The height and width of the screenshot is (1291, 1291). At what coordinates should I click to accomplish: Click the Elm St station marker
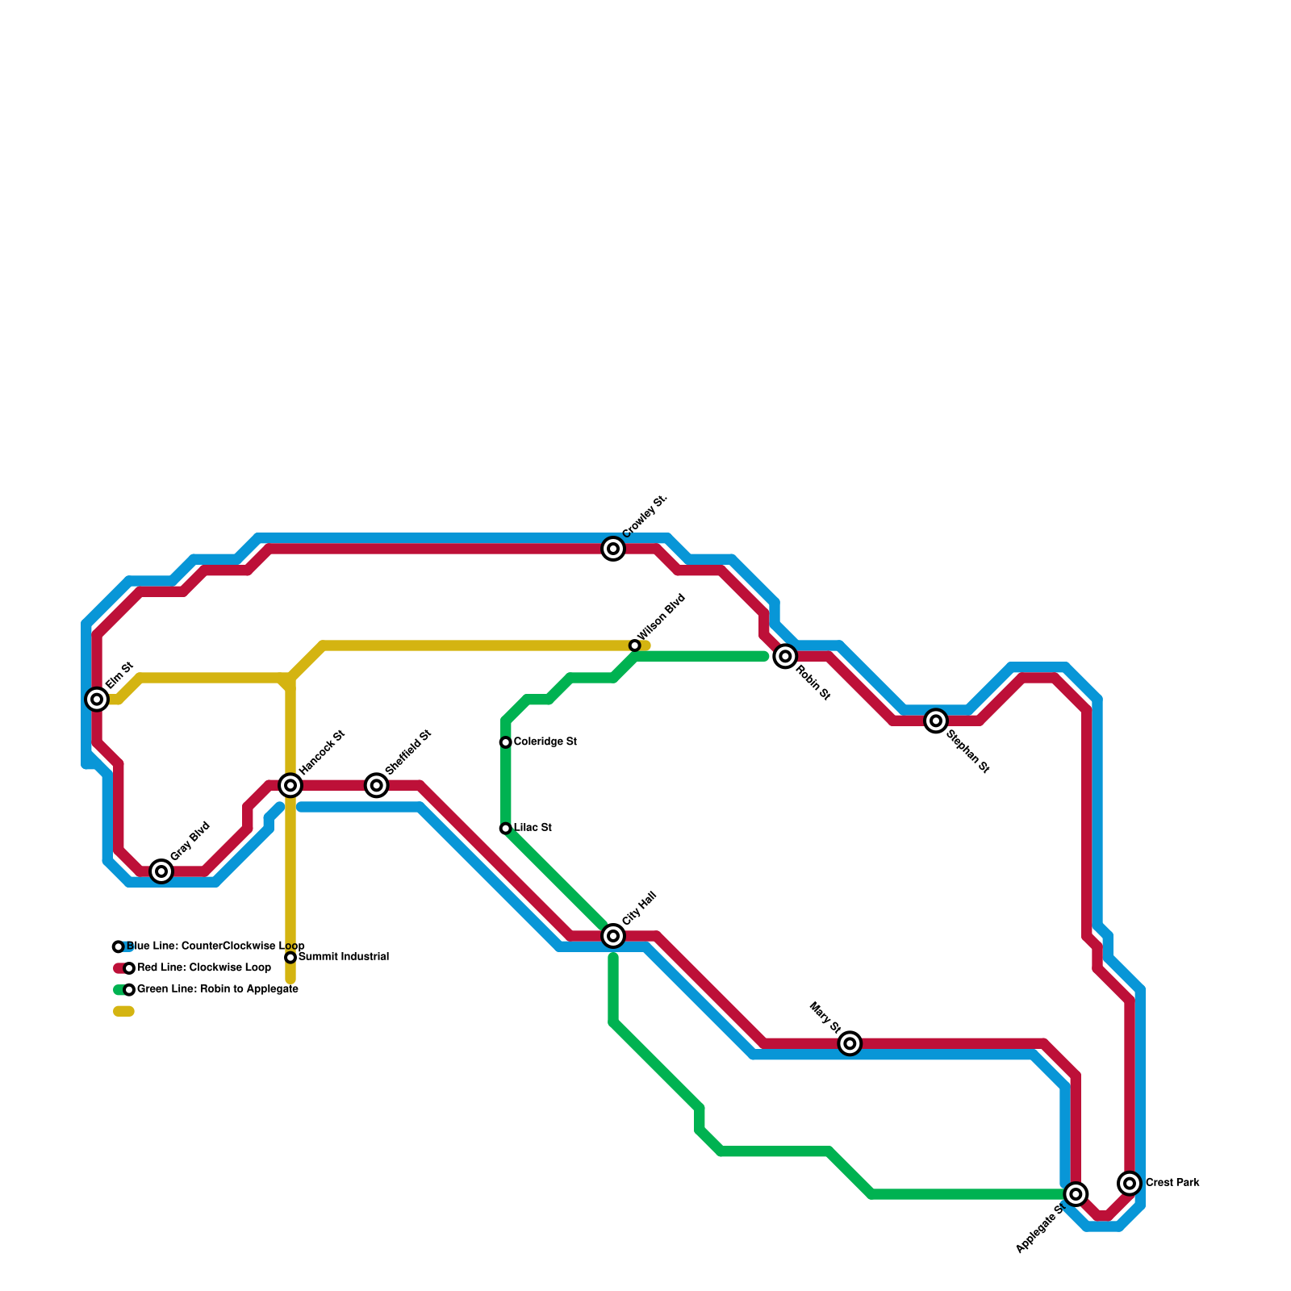point(97,699)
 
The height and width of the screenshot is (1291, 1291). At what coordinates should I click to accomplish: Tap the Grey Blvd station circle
point(161,871)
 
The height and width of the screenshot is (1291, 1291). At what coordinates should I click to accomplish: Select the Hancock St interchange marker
point(290,785)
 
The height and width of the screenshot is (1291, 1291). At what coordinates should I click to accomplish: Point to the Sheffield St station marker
point(377,785)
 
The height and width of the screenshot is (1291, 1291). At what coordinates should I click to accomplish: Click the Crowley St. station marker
point(613,549)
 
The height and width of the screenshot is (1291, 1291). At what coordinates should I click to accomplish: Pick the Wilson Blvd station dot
point(635,645)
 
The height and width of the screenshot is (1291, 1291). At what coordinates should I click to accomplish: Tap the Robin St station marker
point(785,656)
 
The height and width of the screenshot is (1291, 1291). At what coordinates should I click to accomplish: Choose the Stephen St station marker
point(936,721)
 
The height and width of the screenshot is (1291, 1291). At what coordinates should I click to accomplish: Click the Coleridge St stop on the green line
point(506,742)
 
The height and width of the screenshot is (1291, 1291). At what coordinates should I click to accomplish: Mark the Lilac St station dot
point(506,829)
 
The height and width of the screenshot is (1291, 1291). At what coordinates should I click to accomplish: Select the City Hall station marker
point(613,936)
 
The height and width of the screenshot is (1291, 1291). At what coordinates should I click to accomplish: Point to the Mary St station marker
point(850,1043)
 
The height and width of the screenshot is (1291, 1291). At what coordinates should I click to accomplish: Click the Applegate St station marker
point(1076,1193)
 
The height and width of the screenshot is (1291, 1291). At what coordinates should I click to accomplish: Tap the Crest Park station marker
point(1130,1183)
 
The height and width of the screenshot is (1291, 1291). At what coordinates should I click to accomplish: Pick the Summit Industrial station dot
point(290,958)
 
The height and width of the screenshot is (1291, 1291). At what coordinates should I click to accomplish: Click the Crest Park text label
point(1172,1183)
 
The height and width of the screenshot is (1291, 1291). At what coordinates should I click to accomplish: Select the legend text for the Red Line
point(204,967)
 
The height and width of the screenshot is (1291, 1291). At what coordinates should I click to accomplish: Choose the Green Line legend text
point(218,989)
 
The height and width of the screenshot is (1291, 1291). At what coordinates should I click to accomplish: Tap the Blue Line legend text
point(215,946)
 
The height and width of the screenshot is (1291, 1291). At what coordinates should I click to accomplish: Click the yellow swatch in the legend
point(123,1011)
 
